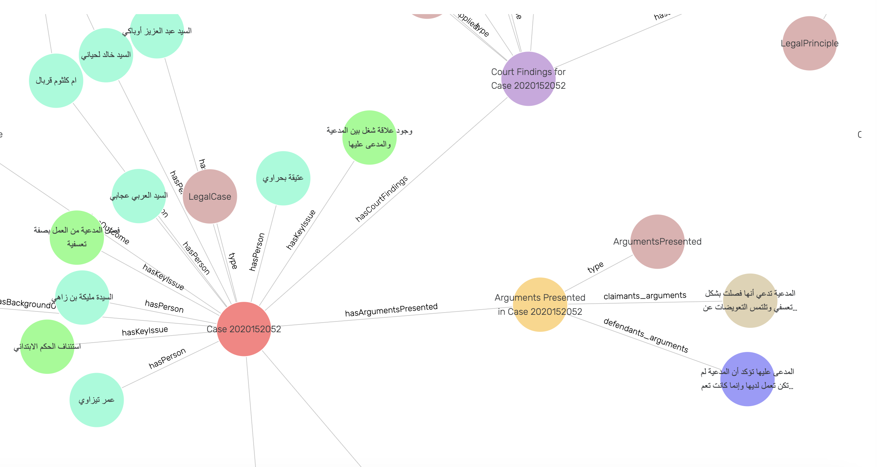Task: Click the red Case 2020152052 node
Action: (x=244, y=329)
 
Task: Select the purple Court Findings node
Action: (x=528, y=79)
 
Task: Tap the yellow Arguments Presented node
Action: (x=540, y=304)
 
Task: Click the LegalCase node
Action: (x=210, y=196)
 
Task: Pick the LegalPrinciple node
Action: (x=809, y=43)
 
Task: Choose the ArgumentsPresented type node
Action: (x=657, y=242)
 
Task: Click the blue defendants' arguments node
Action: (x=747, y=379)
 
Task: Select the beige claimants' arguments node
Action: (x=750, y=300)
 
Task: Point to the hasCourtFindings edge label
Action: (x=381, y=199)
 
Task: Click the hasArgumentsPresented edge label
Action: (x=391, y=310)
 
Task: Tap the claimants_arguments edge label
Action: (x=645, y=296)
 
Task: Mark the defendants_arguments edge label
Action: (x=646, y=335)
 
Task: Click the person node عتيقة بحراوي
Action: (x=283, y=178)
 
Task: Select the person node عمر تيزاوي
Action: (x=97, y=400)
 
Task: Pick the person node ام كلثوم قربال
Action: (x=56, y=81)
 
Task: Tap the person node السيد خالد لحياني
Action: (x=106, y=55)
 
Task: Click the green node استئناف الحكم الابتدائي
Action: (x=47, y=347)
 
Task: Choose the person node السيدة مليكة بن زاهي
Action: (x=82, y=297)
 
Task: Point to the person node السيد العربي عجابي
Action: (x=138, y=196)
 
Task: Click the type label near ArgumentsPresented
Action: (x=596, y=267)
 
